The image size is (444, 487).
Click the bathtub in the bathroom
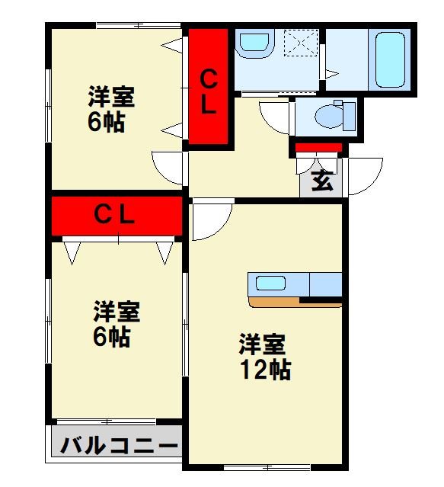(389, 59)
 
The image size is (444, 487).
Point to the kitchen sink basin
(270, 284)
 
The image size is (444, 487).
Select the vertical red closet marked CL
(208, 85)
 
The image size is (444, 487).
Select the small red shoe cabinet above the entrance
(318, 147)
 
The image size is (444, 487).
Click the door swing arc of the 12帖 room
(211, 219)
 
